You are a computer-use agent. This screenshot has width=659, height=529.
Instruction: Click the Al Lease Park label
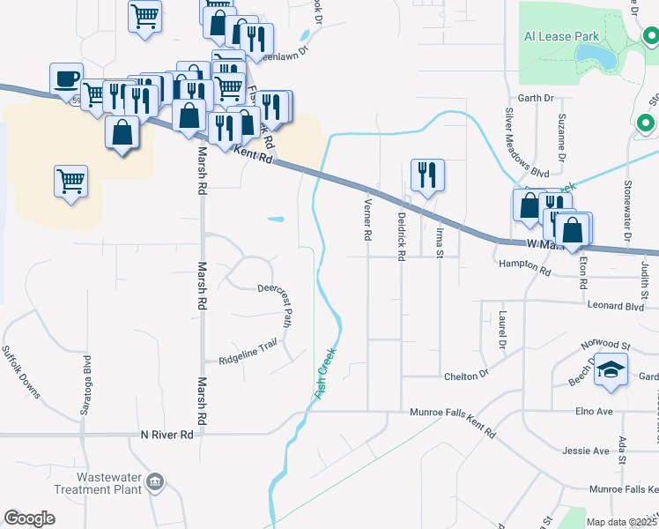click(x=561, y=36)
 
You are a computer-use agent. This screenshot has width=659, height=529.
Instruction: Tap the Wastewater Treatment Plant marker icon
click(x=155, y=481)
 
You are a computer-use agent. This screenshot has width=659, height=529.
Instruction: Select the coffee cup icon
click(x=66, y=78)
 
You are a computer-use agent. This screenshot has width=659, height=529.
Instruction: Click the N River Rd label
click(x=167, y=435)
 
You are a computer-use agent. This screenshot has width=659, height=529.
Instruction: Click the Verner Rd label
click(x=367, y=220)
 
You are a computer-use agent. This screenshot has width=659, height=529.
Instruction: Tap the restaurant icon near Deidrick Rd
click(x=427, y=175)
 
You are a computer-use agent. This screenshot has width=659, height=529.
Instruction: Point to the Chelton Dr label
click(x=466, y=376)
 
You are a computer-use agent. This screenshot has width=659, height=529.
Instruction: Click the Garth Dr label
click(x=536, y=98)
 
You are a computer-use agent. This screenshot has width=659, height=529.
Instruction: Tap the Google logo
click(x=30, y=518)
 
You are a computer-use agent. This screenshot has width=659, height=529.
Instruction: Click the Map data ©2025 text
click(x=621, y=522)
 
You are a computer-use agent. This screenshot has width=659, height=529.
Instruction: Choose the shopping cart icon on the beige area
click(x=70, y=182)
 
